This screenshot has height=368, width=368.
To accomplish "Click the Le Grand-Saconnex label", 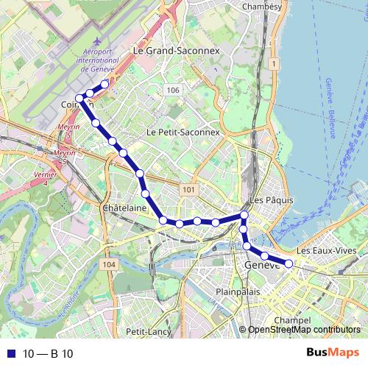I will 176,51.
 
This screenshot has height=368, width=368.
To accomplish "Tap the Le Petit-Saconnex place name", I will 183,132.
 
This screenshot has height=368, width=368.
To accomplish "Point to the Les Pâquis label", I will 272,200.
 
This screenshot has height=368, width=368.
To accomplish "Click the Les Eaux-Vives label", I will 328,250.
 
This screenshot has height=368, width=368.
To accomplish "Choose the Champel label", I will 289,320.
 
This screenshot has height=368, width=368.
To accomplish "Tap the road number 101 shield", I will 189,190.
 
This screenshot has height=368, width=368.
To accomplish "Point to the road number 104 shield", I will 110,264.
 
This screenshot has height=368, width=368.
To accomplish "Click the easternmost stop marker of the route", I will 289,263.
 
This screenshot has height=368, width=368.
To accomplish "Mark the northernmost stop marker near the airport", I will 105,84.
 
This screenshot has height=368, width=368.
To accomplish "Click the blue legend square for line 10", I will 8,354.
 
